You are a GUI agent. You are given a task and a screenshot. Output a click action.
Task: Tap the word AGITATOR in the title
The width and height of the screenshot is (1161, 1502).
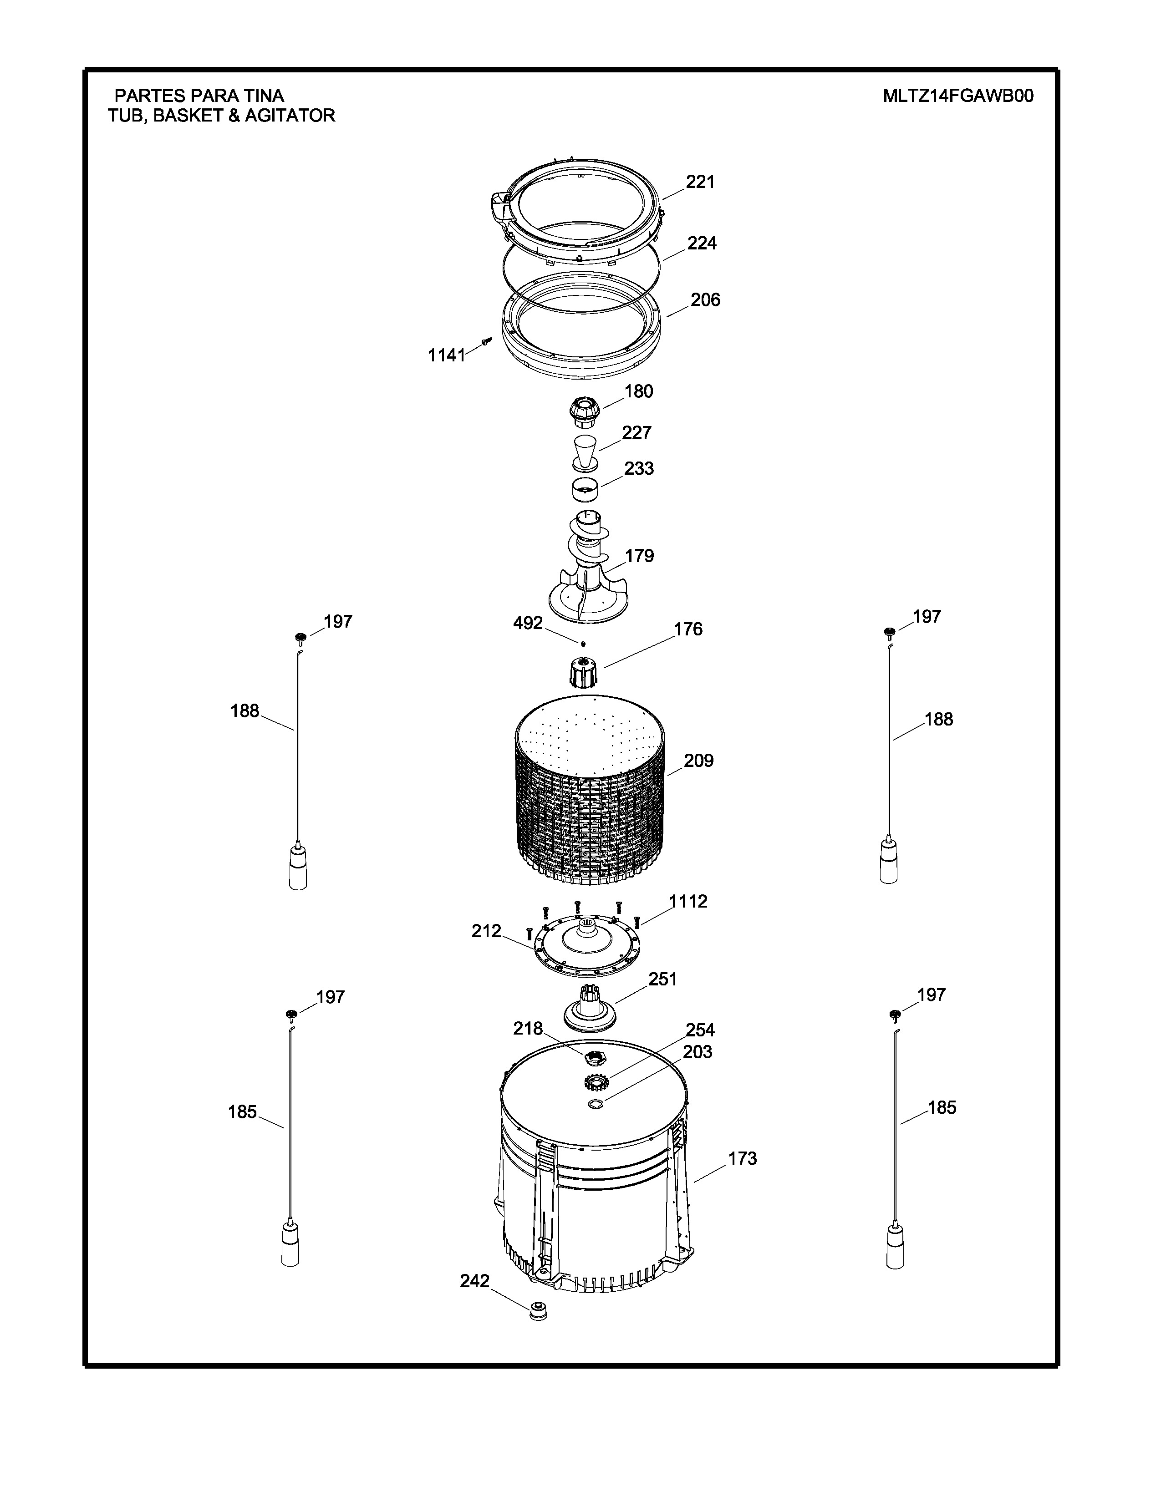coord(290,116)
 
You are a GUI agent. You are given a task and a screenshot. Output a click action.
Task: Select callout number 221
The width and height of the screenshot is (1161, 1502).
coord(700,182)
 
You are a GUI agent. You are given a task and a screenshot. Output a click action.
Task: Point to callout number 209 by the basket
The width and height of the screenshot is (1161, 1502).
coord(698,761)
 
